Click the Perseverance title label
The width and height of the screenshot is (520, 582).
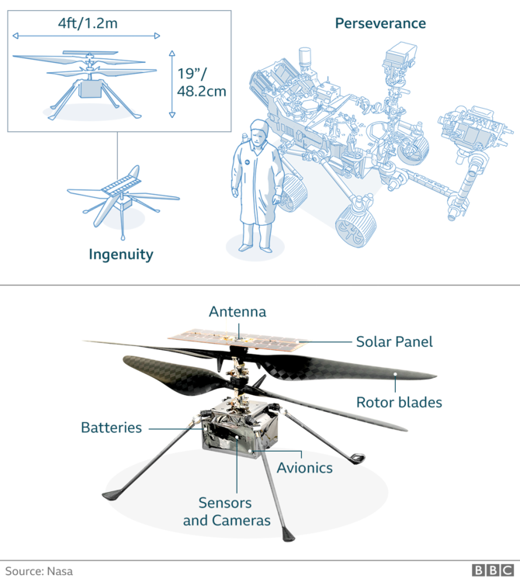coord(380,23)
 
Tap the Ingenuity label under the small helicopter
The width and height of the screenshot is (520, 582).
coord(120,255)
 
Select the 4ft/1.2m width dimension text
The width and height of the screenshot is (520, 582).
coord(86,23)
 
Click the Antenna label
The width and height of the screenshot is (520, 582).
coord(237,312)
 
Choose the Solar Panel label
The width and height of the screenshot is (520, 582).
coord(393,341)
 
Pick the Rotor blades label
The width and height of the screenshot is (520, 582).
coord(399,402)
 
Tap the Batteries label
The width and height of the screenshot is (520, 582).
coord(112,428)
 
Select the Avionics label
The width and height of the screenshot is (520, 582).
coord(304,468)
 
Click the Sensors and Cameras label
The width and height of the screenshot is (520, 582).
coord(227,511)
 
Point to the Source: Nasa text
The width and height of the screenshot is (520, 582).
coord(36,570)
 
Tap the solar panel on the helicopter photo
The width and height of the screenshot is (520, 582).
coord(237,338)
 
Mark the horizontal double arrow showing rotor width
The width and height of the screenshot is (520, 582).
coord(86,36)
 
